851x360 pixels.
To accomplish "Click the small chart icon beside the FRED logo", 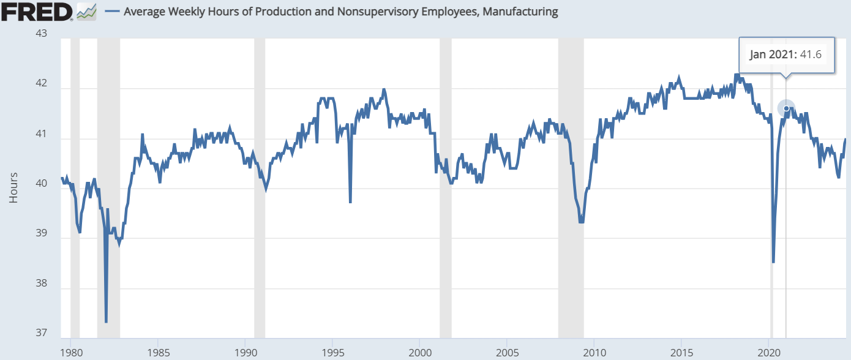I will click(87, 11).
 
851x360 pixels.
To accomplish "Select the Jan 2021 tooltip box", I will click(787, 54).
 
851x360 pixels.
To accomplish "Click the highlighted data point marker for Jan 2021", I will click(786, 108).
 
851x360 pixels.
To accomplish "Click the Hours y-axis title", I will click(13, 187).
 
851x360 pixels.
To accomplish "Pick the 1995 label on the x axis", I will click(332, 353).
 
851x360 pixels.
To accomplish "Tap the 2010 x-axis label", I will click(594, 353).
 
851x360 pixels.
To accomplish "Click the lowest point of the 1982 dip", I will click(106, 321).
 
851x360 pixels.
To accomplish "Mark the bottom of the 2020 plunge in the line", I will click(774, 262).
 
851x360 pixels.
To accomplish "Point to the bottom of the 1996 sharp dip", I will click(350, 201).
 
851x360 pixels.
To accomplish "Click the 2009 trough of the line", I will click(581, 222).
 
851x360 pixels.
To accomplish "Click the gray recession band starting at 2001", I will click(446, 184).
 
